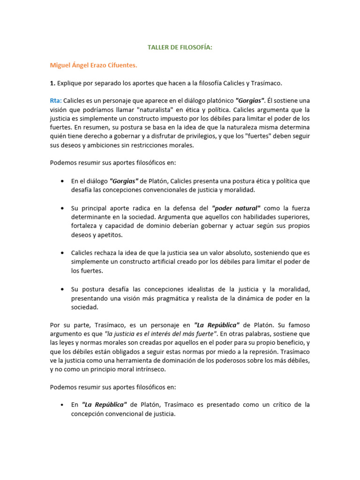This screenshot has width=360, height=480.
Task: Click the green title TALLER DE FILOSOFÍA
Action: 180,47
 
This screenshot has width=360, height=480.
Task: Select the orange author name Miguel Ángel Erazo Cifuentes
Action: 93,65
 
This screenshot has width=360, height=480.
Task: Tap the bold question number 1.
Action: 52,83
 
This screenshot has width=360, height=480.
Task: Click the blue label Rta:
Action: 56,101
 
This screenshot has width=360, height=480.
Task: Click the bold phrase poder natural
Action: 236,208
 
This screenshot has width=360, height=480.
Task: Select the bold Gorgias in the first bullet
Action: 124,181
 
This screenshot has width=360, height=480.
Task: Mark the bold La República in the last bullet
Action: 104,405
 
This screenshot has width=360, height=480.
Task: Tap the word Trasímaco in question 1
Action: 266,83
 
